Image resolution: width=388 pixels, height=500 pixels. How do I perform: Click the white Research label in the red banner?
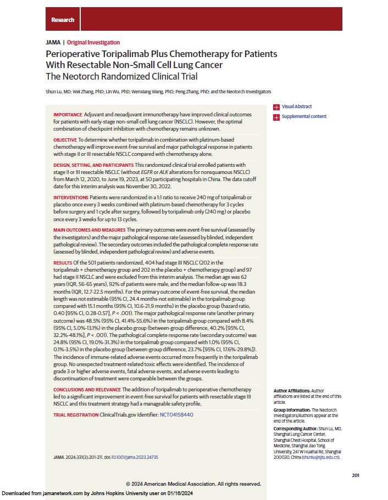63,20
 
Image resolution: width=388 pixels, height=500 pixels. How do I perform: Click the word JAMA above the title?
53,42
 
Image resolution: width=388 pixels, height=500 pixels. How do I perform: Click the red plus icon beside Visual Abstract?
276,107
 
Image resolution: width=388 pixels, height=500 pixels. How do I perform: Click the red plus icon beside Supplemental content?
276,116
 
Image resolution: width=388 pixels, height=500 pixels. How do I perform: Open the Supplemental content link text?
304,116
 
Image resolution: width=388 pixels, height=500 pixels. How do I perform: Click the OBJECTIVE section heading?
65,140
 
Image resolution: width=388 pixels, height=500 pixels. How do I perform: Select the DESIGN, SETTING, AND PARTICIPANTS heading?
93,165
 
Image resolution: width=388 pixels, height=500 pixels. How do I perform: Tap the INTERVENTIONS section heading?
70,197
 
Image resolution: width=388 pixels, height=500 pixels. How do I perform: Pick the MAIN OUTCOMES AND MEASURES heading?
89,229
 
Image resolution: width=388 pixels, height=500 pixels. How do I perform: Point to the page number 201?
355,475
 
